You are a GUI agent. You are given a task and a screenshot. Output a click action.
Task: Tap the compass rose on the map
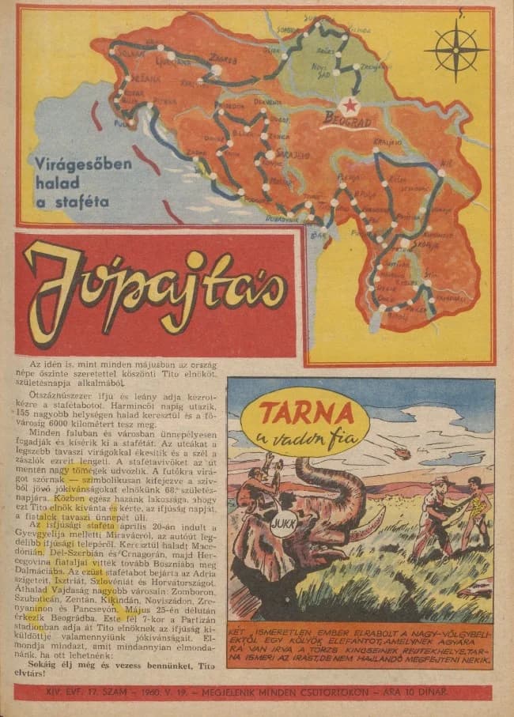point(455,49)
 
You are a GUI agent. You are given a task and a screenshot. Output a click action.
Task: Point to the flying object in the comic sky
point(403,452)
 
